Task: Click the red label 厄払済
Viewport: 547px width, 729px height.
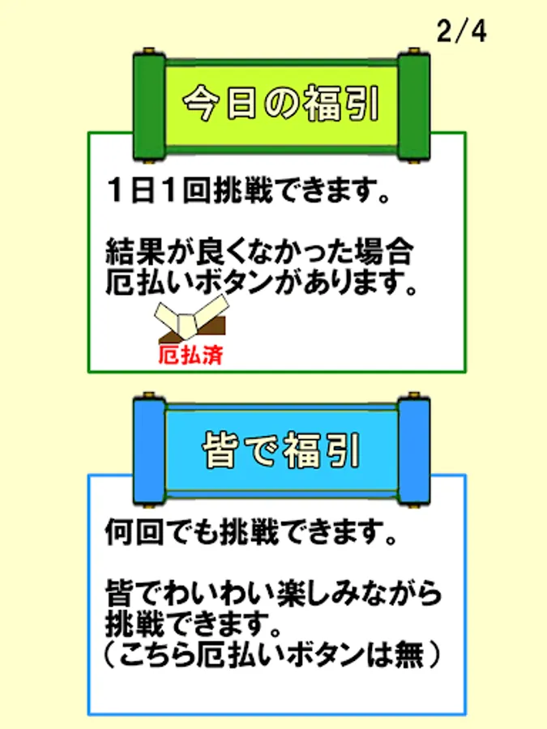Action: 190,356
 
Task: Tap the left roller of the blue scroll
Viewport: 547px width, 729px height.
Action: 149,450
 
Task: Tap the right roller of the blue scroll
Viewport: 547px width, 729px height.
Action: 414,450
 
